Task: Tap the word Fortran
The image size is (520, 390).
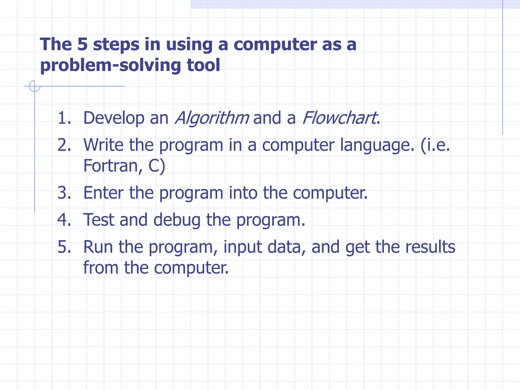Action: (110, 166)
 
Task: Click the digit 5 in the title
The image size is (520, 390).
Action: (82, 44)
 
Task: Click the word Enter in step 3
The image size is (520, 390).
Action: (103, 193)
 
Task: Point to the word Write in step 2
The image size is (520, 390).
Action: (103, 145)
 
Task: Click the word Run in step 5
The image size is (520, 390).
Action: (98, 247)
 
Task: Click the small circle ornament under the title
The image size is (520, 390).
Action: (35, 86)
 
